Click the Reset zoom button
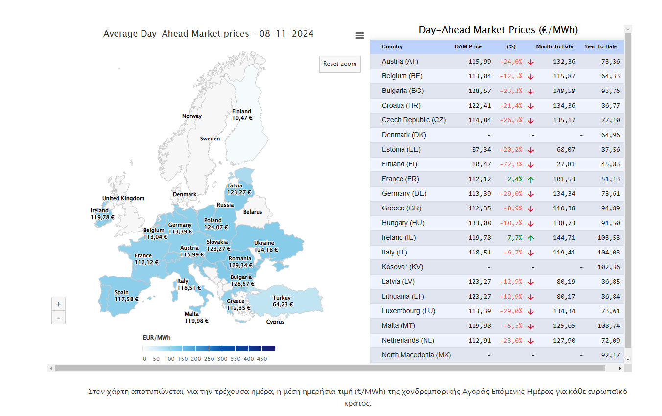[x=340, y=64]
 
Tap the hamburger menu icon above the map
[x=360, y=35]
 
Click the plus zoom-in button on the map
[x=58, y=304]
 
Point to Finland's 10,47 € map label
[x=242, y=118]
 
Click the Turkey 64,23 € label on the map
[x=282, y=301]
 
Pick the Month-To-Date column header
[x=554, y=46]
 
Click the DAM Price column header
[x=468, y=46]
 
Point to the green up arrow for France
[x=531, y=179]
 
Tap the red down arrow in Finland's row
[x=531, y=164]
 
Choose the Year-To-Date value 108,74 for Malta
[x=609, y=325]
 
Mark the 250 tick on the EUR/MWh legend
[x=209, y=359]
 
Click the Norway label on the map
[x=192, y=116]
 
